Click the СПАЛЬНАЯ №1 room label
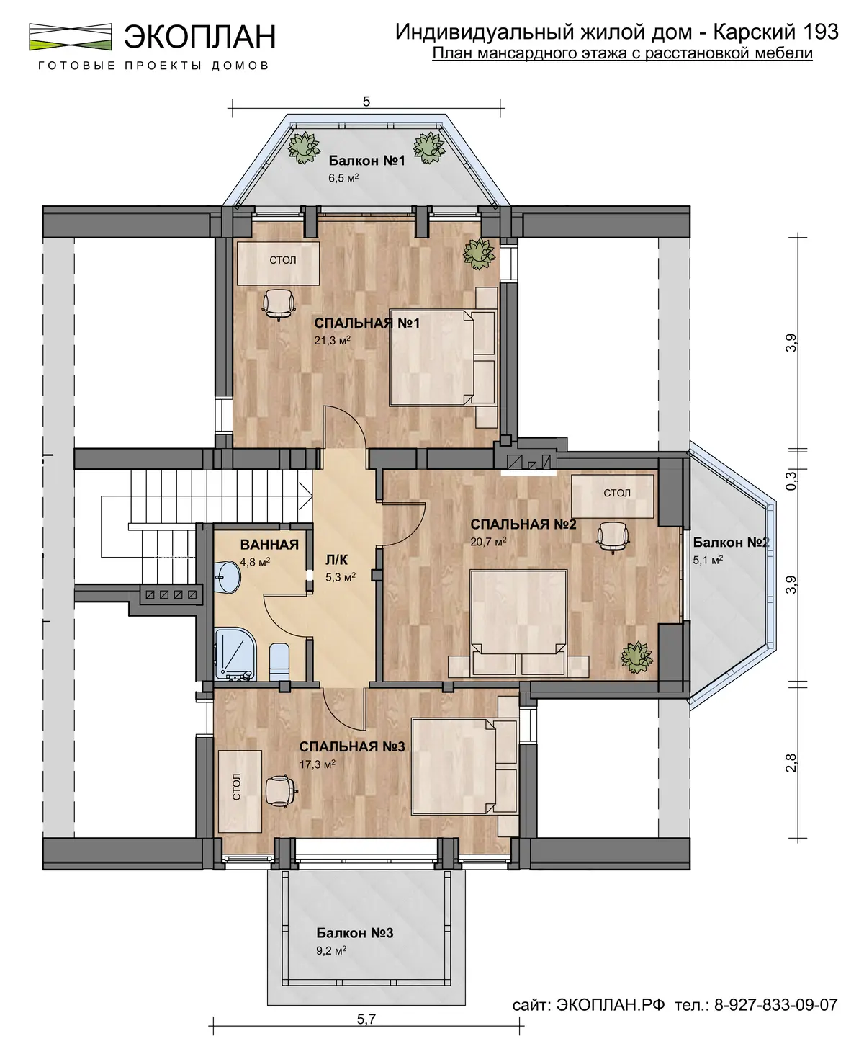coord(366,323)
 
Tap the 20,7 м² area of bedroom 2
coord(488,542)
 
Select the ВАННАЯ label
coord(269,545)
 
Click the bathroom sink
coord(228,577)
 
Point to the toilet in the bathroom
coord(279,662)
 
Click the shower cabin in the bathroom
coord(235,655)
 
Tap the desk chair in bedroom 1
coord(279,305)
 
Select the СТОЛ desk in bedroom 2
coord(613,496)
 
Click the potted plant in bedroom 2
coord(636,657)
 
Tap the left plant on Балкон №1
coord(304,147)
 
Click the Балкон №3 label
coord(354,933)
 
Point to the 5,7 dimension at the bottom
coord(366,1019)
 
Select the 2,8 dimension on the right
coord(791,763)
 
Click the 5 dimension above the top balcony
coord(366,102)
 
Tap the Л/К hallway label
coord(336,560)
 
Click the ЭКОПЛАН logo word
coord(200,36)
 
